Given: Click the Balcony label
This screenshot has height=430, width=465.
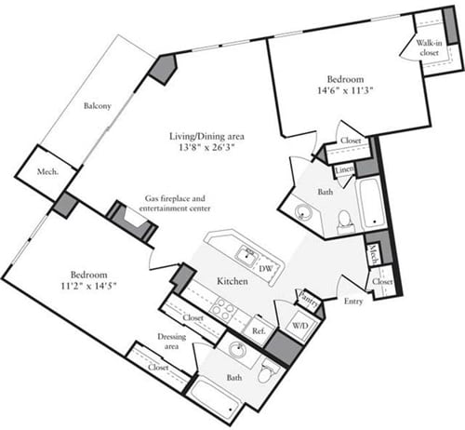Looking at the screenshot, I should (97, 106).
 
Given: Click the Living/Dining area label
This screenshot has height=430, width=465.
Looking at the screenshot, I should (206, 132).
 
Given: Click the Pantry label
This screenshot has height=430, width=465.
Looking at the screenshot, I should (309, 301).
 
